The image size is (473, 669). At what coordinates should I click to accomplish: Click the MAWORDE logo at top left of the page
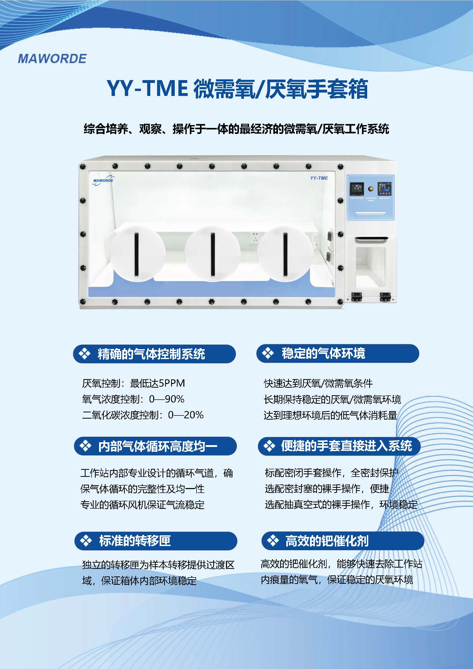point(52,59)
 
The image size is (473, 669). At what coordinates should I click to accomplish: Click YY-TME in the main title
point(147,89)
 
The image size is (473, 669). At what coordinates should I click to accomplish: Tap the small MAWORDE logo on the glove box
point(103,180)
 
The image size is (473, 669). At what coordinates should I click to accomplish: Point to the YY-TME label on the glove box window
point(319,178)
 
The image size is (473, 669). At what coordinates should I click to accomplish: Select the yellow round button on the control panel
point(371,189)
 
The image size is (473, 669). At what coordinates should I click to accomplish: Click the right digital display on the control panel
point(384,189)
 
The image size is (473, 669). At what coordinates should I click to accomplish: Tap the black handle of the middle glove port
point(213,254)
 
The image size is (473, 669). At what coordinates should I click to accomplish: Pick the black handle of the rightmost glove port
point(285,254)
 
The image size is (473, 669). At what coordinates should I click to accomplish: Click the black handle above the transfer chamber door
point(371,239)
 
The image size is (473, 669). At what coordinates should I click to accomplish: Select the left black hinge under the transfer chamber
point(356,296)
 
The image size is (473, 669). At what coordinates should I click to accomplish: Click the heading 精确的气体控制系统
point(151,354)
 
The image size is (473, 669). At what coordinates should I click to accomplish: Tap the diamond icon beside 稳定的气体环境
point(268,353)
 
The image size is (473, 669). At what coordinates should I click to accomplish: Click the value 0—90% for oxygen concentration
point(166,399)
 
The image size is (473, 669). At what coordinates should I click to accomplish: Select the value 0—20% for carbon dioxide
point(186,415)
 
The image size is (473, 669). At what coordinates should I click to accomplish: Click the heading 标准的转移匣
point(135,541)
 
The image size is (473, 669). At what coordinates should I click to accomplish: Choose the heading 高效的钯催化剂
point(327,541)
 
